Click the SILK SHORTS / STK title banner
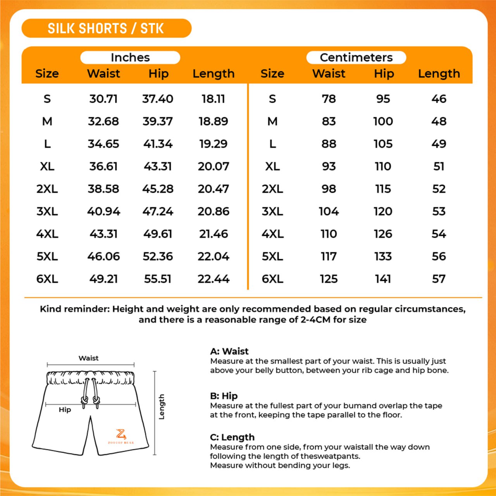[106, 28]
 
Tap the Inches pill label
[130, 57]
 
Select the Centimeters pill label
[356, 57]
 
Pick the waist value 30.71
[103, 99]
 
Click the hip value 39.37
[158, 121]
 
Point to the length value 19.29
[214, 144]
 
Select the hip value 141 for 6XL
[383, 279]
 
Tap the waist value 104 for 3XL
[329, 212]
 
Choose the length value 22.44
[214, 279]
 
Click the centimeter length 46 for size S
[439, 99]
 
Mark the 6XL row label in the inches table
[47, 279]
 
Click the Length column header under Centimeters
[439, 74]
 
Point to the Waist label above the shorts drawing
[89, 358]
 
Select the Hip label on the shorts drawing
[65, 410]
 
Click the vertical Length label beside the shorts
[162, 407]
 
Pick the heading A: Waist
[229, 351]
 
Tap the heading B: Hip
[224, 396]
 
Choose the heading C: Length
[232, 437]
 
